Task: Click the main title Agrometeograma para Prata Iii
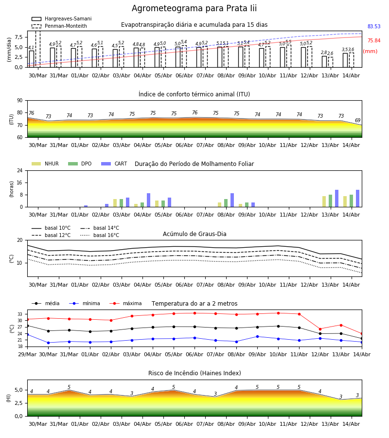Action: [194, 8]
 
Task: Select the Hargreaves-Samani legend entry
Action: [61, 18]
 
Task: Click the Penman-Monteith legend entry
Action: [59, 26]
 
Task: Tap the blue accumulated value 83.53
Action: [374, 27]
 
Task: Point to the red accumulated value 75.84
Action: [374, 40]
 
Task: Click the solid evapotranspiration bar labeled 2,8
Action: [324, 61]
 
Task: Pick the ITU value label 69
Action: [357, 120]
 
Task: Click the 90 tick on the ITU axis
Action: [20, 101]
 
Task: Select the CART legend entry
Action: [114, 164]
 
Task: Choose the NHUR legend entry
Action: [45, 164]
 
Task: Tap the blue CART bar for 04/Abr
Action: [148, 200]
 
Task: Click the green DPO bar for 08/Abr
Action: [226, 203]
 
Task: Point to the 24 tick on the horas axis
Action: [20, 170]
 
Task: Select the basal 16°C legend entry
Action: [100, 235]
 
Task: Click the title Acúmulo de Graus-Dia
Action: [194, 234]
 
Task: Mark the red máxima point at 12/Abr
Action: [320, 329]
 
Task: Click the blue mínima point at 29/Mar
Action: [27, 334]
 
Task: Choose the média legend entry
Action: [46, 303]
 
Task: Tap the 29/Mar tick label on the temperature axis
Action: [27, 354]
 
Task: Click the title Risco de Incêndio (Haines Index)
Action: [194, 373]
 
